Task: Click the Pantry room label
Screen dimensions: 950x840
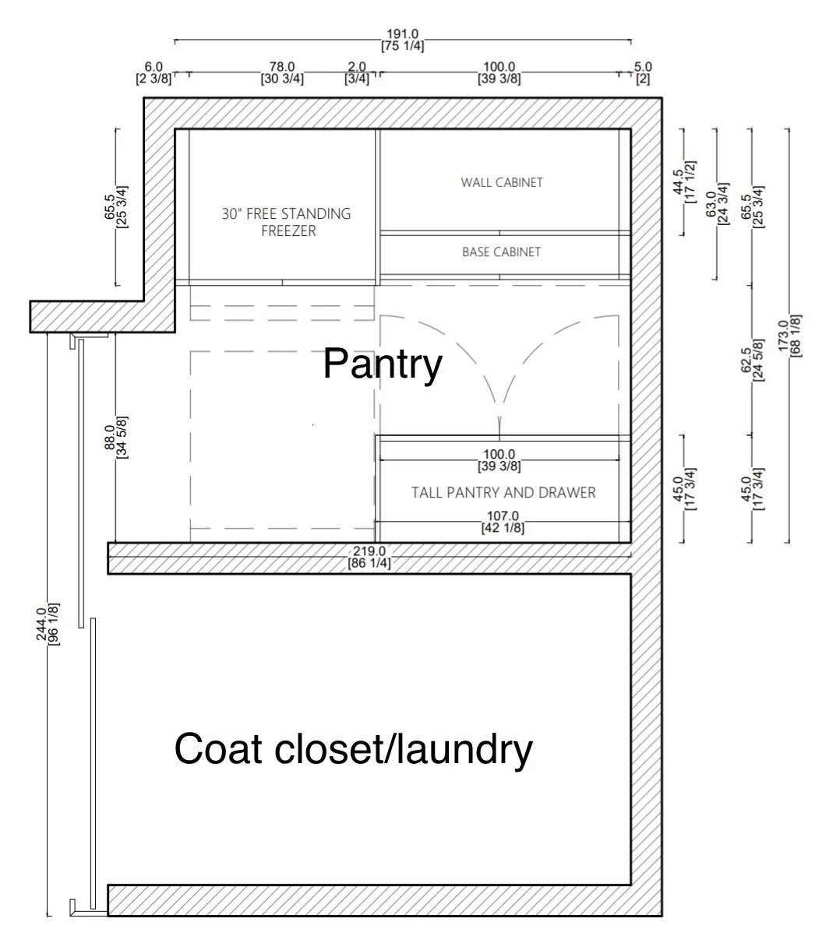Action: point(382,363)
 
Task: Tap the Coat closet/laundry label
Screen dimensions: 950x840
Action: point(353,749)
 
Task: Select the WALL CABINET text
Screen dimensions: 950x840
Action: point(501,182)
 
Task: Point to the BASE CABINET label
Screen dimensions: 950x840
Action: point(501,252)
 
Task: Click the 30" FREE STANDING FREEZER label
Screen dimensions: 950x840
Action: point(286,222)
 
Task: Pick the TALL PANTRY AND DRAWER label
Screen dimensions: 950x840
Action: point(503,492)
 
